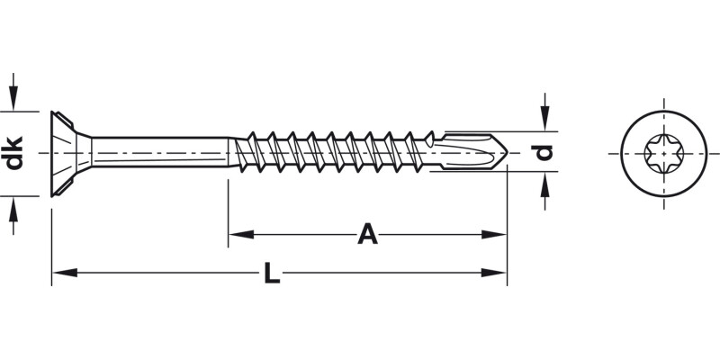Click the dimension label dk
click(13, 151)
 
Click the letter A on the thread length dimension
click(367, 234)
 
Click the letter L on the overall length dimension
click(272, 272)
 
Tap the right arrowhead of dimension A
click(497, 234)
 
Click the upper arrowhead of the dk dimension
click(13, 101)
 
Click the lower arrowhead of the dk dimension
click(13, 204)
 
